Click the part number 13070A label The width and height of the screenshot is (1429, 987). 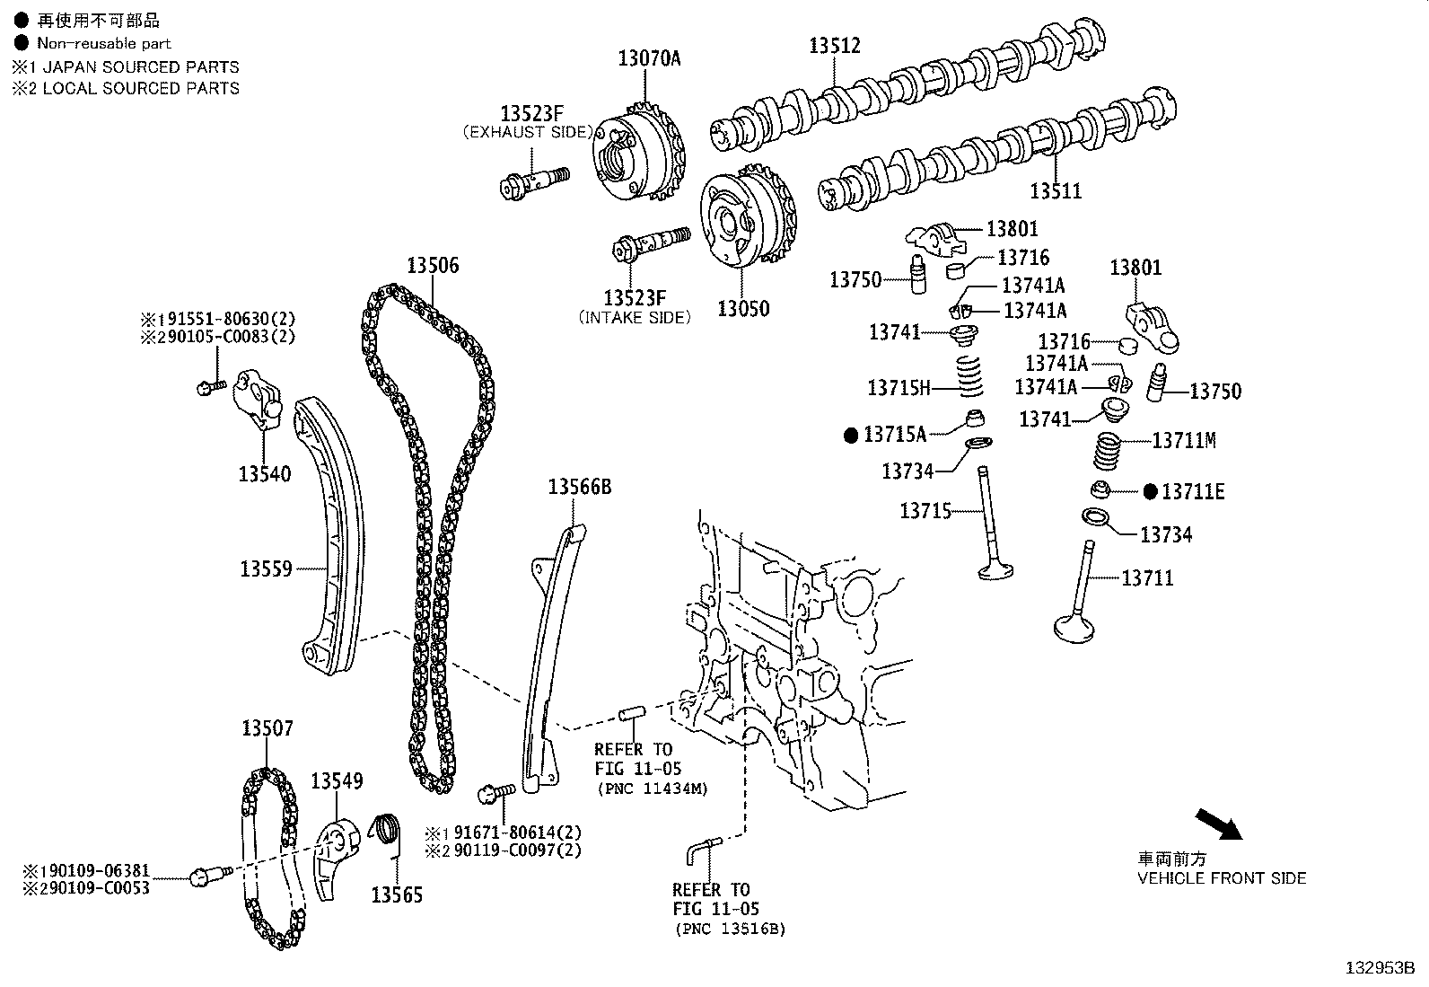(649, 58)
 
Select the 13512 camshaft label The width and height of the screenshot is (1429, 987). (834, 45)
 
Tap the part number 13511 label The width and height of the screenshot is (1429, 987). (1055, 190)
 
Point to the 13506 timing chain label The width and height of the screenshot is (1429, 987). (432, 265)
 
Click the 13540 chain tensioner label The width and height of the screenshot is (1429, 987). (264, 473)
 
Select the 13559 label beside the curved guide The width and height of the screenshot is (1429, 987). (266, 568)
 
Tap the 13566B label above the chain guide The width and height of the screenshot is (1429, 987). (579, 487)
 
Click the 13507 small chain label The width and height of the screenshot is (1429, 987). (267, 727)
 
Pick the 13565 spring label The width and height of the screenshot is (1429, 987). (397, 894)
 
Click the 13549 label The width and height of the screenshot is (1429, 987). (337, 780)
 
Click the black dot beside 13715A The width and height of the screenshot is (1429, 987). (851, 436)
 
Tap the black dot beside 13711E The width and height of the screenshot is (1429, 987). (1151, 491)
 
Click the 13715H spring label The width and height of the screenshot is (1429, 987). (899, 388)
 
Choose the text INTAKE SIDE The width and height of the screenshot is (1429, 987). (636, 317)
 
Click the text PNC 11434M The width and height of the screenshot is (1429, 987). (653, 789)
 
